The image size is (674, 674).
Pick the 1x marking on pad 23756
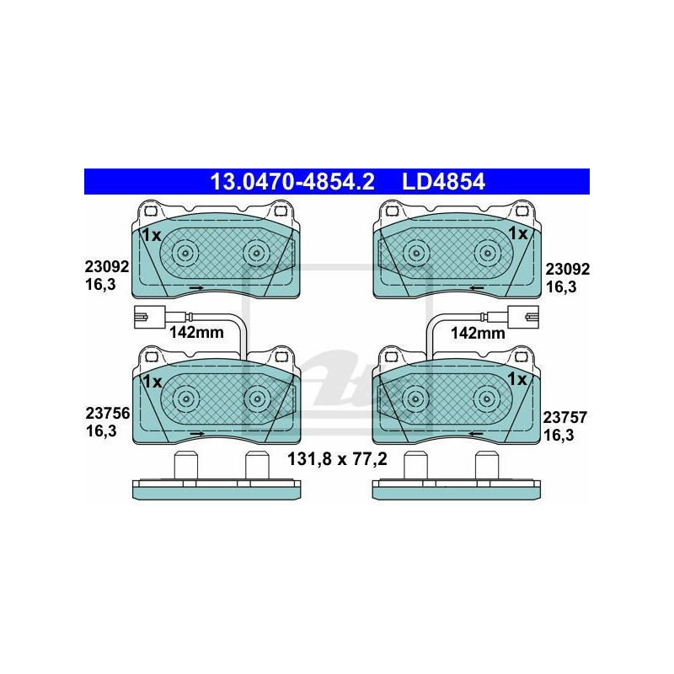click(x=152, y=381)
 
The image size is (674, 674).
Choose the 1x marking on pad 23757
click(x=518, y=380)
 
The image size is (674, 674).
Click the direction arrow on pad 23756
click(x=196, y=434)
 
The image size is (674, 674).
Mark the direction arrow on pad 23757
click(x=476, y=434)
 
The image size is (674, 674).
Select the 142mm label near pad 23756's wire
click(x=196, y=333)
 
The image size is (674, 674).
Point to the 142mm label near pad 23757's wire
click(x=477, y=333)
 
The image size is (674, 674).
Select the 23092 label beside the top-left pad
click(x=106, y=267)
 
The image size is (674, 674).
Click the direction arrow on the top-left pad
click(x=196, y=289)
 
